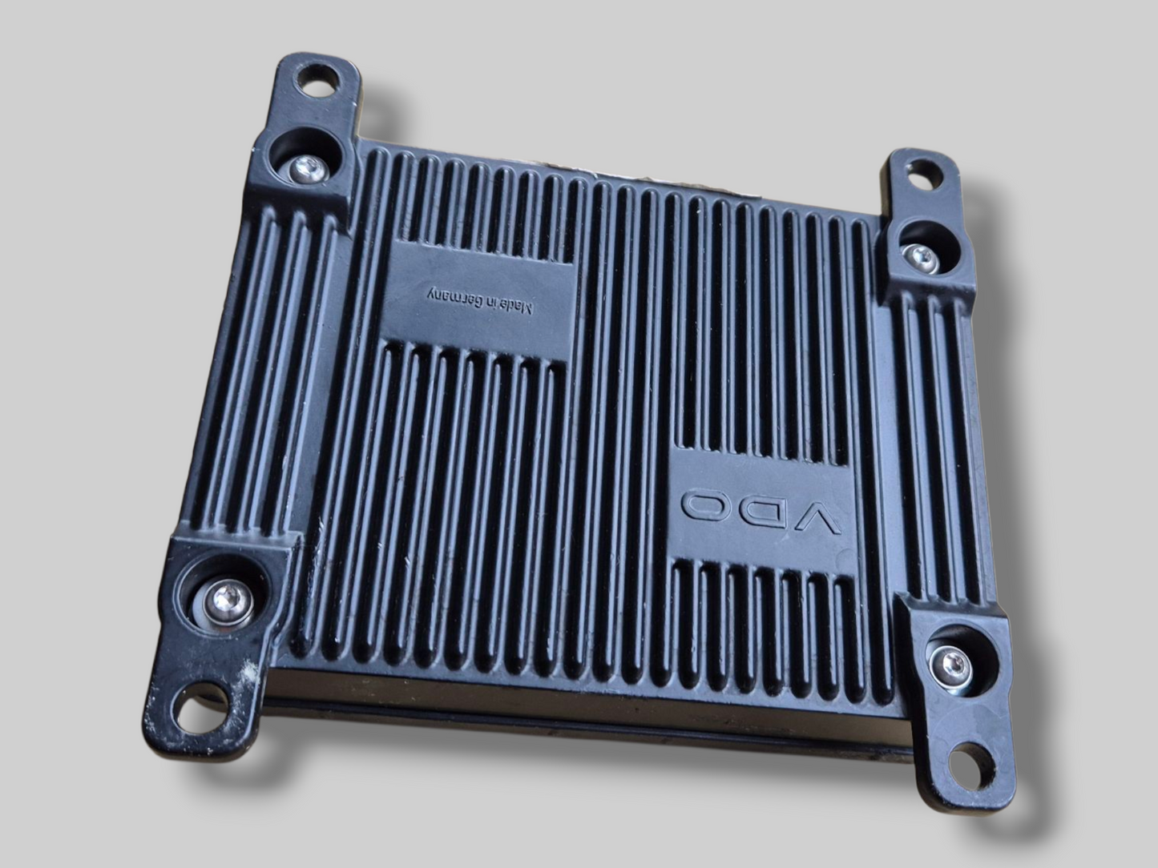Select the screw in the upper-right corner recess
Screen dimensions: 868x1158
pos(918,255)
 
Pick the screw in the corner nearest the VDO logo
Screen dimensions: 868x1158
pos(949,661)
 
